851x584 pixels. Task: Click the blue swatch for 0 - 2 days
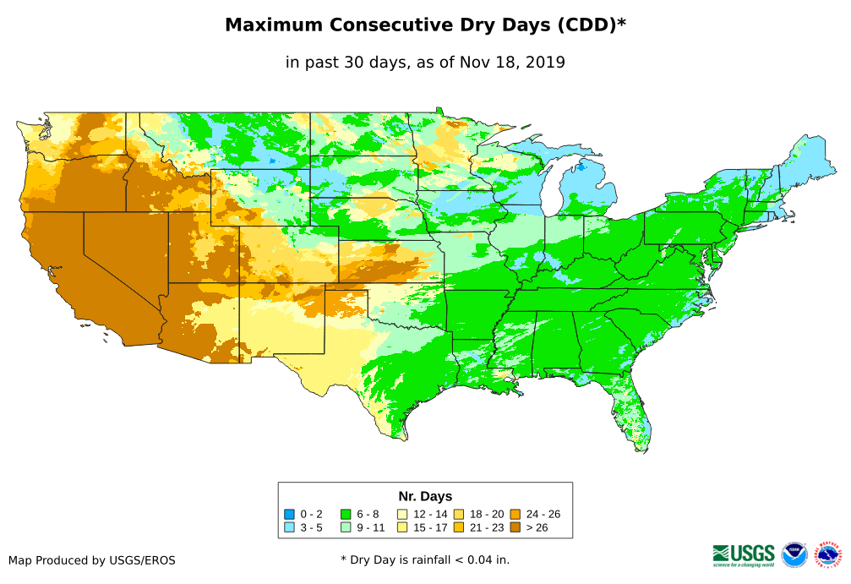click(289, 514)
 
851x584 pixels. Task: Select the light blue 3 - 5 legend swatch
click(289, 527)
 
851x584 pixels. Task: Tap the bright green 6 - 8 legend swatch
click(346, 514)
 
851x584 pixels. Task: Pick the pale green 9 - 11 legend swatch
click(346, 527)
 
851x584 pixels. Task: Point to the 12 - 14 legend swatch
click(402, 514)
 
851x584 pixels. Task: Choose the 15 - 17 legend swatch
click(402, 527)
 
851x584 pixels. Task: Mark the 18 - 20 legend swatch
click(459, 514)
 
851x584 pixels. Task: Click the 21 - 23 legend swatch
click(459, 527)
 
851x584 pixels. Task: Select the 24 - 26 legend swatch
click(515, 514)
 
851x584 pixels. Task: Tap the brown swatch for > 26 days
click(515, 527)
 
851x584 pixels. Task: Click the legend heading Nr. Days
click(425, 496)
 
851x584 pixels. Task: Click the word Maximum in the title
click(274, 25)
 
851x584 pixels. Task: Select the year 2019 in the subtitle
click(545, 62)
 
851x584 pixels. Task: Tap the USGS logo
click(744, 554)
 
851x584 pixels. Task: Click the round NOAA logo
click(794, 554)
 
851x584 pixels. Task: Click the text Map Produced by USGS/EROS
click(92, 560)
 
